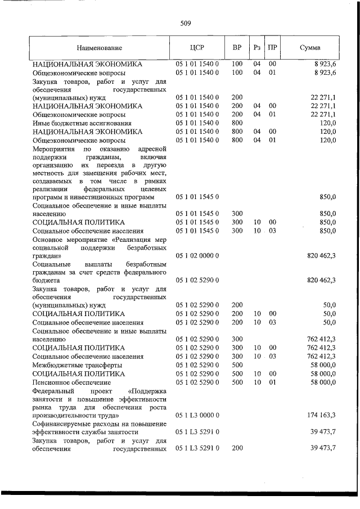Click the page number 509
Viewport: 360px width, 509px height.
(x=186, y=24)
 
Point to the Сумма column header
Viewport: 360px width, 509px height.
(x=310, y=48)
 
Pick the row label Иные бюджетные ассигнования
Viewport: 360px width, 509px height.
(x=82, y=123)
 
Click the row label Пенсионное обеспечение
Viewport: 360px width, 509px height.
(x=71, y=381)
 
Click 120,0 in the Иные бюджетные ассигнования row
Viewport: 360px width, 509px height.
(x=327, y=123)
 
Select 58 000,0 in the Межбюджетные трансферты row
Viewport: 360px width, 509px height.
(x=323, y=364)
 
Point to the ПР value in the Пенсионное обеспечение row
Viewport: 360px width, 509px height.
(x=272, y=381)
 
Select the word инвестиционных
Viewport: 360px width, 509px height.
(x=97, y=198)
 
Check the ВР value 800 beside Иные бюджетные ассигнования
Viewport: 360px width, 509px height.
(x=237, y=123)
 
